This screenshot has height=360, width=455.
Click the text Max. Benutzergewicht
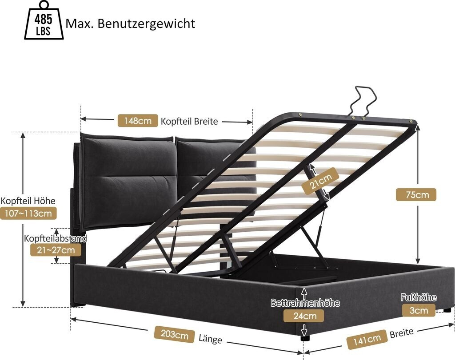click(x=130, y=23)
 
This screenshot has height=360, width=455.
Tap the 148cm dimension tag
click(x=137, y=120)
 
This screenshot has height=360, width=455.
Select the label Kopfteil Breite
click(x=189, y=121)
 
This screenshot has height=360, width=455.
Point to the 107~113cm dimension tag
click(x=28, y=214)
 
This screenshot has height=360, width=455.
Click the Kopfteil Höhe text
click(x=28, y=201)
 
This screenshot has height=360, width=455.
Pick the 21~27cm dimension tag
click(x=56, y=250)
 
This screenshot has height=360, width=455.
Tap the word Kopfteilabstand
click(x=56, y=238)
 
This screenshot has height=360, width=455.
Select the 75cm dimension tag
click(x=416, y=194)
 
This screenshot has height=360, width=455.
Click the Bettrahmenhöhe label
click(x=305, y=303)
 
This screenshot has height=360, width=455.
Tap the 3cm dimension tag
click(x=419, y=310)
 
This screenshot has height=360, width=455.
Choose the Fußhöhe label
click(x=419, y=297)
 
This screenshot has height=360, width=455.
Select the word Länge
click(x=210, y=339)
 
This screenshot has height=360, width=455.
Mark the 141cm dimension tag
click(x=367, y=340)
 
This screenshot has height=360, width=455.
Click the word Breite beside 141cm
click(x=401, y=332)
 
